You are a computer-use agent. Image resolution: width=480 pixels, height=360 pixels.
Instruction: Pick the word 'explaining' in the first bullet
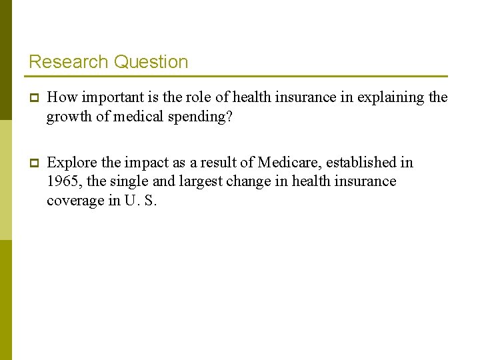click(x=391, y=97)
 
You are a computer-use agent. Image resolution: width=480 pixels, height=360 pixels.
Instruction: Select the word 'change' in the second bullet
click(x=246, y=182)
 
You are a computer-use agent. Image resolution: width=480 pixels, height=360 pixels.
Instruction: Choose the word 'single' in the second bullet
click(x=128, y=182)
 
